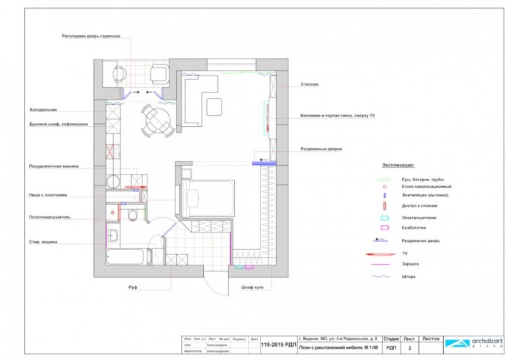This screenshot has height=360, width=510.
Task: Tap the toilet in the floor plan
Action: pyautogui.click(x=131, y=216)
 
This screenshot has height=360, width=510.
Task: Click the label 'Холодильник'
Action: pyautogui.click(x=43, y=110)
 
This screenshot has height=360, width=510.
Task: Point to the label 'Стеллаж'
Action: pyautogui.click(x=309, y=84)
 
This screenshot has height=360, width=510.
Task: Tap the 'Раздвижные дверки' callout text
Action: pyautogui.click(x=321, y=149)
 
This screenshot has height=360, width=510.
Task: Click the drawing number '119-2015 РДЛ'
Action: pyautogui.click(x=278, y=343)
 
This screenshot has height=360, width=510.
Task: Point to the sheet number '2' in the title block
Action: pyautogui.click(x=409, y=349)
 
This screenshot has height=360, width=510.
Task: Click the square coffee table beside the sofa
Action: pyautogui.click(x=214, y=106)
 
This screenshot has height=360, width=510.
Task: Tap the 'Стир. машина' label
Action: pyautogui.click(x=43, y=242)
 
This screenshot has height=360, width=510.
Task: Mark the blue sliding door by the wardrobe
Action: pyautogui.click(x=263, y=163)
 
